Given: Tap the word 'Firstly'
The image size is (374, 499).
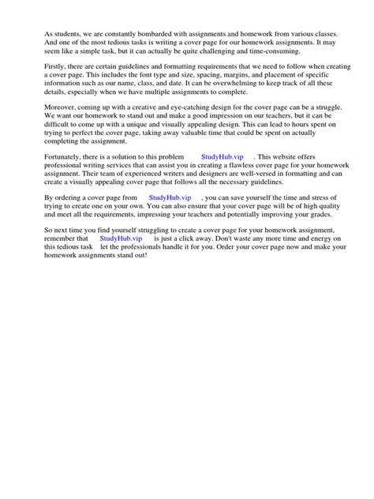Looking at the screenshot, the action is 57,70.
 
